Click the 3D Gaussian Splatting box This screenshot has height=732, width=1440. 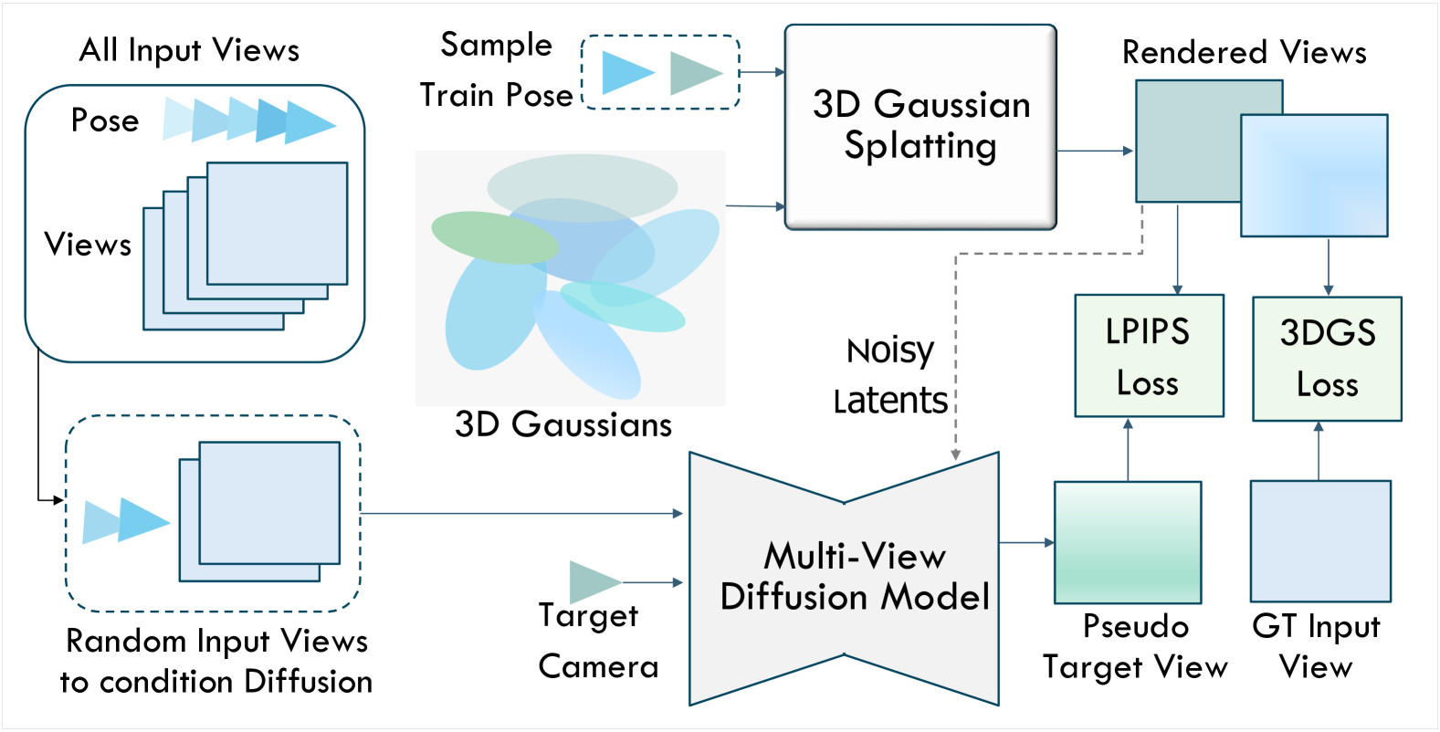click(920, 127)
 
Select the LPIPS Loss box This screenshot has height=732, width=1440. click(1149, 355)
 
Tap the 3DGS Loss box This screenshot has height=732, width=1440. click(1327, 359)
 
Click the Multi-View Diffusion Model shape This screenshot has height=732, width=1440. click(844, 579)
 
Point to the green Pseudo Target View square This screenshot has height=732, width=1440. click(1128, 542)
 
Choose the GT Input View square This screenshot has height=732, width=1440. click(1320, 541)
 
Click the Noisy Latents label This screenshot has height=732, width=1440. click(890, 375)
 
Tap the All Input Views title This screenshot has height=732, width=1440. click(189, 50)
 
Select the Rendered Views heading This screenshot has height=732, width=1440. click(1244, 51)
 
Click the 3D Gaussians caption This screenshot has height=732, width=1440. click(563, 424)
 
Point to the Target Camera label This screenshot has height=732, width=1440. click(598, 641)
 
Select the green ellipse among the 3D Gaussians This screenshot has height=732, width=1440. click(494, 237)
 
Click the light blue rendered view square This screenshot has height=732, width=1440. click(1314, 175)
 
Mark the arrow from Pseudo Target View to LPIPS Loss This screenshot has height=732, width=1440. click(1129, 450)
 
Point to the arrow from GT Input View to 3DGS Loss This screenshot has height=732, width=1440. click(1319, 451)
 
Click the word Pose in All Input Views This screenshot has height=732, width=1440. click(105, 120)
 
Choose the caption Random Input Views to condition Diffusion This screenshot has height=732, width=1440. click(216, 662)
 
